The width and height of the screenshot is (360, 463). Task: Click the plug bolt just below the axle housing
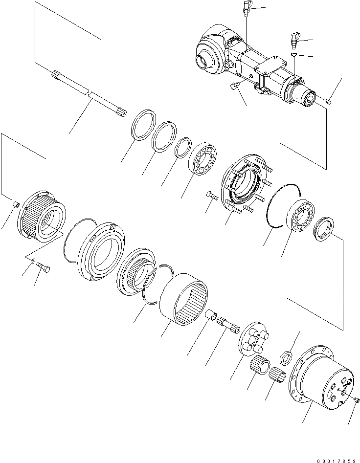coord(234,87)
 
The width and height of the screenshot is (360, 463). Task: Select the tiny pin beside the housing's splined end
coord(328,101)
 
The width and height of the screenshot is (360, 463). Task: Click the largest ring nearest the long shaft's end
coord(143,126)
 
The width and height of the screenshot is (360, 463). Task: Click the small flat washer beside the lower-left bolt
coord(32,262)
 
